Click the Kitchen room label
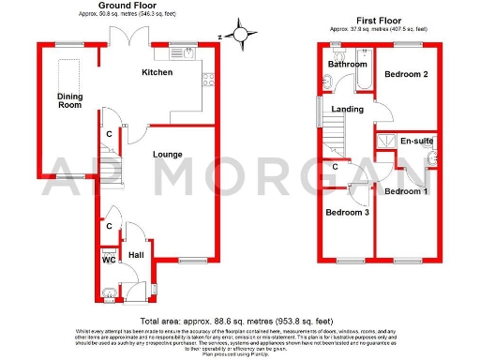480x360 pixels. coord(157,72)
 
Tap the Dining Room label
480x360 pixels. coord(69,100)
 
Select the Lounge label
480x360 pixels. coord(168,154)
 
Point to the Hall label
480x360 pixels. coord(136,254)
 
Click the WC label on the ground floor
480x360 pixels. coord(109,261)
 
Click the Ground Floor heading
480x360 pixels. coord(126,7)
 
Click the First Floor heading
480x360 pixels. coord(378,18)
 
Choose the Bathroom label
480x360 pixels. coord(346,64)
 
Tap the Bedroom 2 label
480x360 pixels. coord(410,74)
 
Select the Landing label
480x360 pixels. coord(347,109)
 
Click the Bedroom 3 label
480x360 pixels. coord(346,212)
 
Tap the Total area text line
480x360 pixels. coord(240,321)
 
